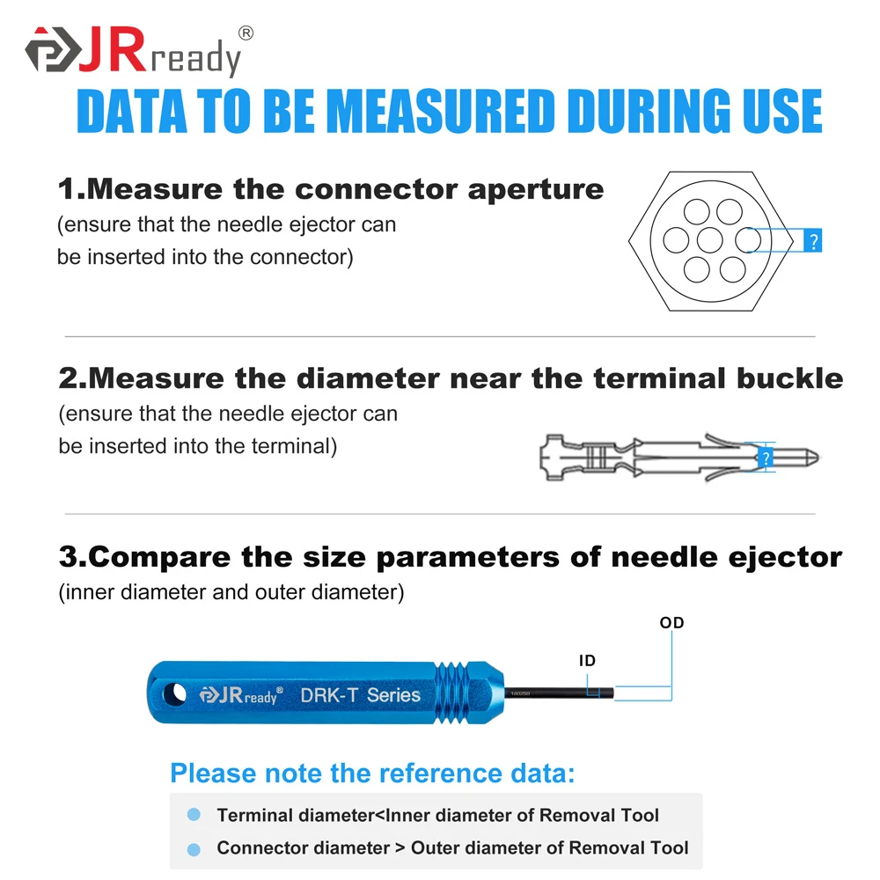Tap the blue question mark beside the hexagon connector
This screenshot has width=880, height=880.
[x=813, y=240]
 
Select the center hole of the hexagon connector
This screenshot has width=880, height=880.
[x=709, y=239]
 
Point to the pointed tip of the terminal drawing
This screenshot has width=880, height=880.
[x=815, y=457]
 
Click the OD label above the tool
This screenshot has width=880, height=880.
[x=671, y=623]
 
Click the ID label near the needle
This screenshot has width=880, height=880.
[x=587, y=660]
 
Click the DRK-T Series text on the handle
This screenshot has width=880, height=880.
[x=361, y=694]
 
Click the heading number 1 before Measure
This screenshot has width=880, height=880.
[x=67, y=188]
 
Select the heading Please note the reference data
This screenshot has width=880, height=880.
[x=371, y=774]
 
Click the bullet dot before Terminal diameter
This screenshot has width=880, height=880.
[x=194, y=816]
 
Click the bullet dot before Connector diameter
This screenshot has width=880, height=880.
[x=194, y=848]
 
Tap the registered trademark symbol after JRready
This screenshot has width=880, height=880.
[x=246, y=33]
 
